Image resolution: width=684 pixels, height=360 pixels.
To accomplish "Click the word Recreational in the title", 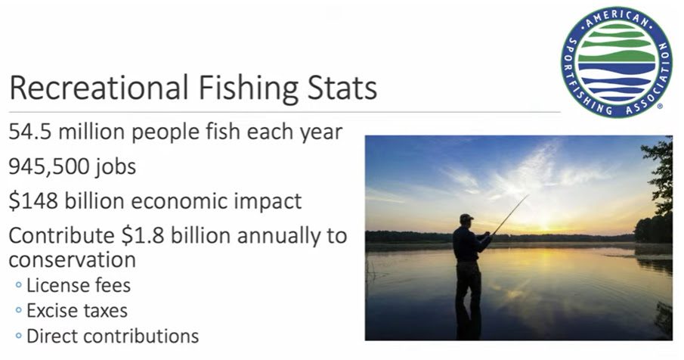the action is tap(98, 88).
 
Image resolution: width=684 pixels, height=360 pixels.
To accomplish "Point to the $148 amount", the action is tap(33, 201).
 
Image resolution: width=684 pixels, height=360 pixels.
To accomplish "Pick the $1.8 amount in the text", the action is tap(143, 236).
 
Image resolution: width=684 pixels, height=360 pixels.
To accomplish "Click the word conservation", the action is tap(72, 259).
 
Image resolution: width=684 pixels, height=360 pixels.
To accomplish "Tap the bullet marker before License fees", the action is tap(18, 285).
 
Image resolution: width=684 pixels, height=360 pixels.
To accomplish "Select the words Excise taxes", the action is tap(77, 311).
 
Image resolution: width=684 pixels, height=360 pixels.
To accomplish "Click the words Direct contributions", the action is tap(113, 336).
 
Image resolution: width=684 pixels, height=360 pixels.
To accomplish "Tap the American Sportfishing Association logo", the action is tap(617, 62).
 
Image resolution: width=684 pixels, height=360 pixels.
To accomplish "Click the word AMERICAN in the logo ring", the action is tap(617, 17).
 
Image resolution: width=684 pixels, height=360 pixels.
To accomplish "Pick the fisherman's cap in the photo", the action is tap(466, 217).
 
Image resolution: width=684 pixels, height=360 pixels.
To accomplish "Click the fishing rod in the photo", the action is tap(509, 215).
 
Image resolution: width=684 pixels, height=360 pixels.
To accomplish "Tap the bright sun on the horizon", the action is tap(544, 227).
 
